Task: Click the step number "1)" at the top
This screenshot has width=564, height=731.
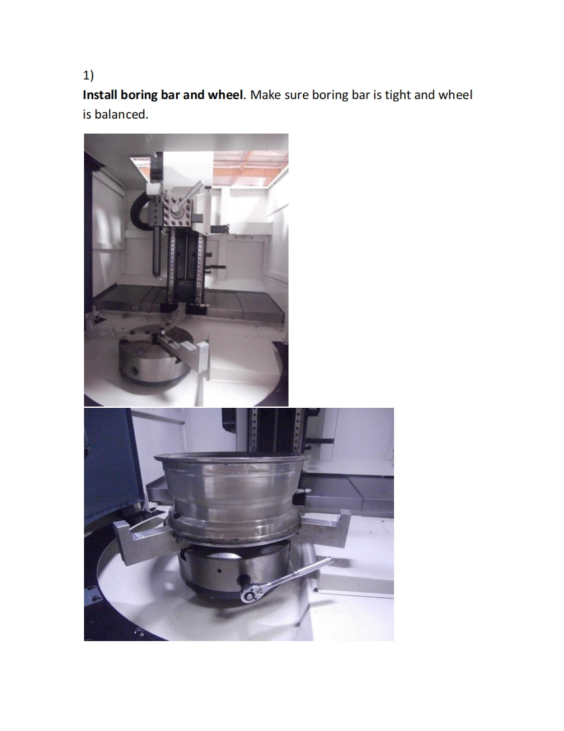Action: (89, 75)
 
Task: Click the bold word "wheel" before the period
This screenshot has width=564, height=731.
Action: (225, 95)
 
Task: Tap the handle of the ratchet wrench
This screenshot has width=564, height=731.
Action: (296, 573)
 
